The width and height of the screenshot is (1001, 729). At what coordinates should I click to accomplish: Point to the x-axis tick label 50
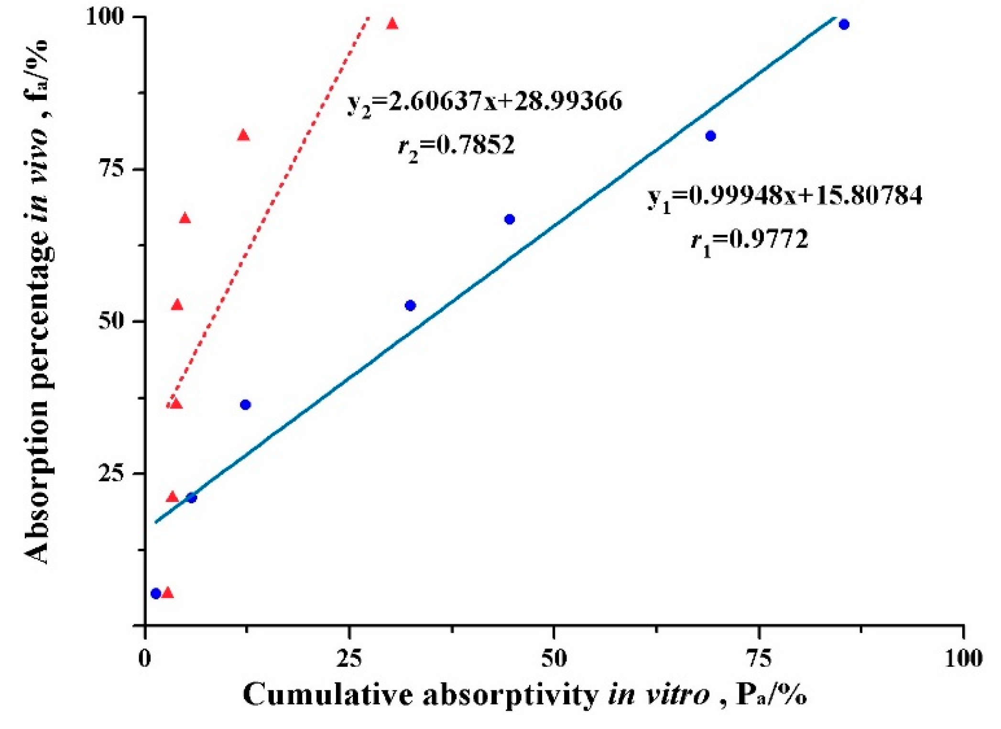click(x=554, y=659)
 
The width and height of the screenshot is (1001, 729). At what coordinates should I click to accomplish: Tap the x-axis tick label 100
click(x=963, y=659)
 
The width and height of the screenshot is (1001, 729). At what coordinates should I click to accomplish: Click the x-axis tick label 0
click(x=144, y=659)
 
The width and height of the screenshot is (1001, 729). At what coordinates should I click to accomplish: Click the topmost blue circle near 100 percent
click(x=844, y=24)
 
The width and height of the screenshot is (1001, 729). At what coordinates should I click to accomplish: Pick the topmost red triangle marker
click(x=392, y=23)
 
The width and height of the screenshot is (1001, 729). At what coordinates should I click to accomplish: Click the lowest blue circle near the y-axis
click(x=155, y=594)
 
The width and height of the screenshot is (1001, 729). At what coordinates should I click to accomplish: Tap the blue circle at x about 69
click(x=710, y=136)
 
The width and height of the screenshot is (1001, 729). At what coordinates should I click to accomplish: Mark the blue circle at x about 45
click(x=510, y=219)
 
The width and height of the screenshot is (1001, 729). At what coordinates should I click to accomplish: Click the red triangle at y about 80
click(x=243, y=136)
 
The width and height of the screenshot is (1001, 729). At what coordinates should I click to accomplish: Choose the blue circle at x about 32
click(x=410, y=305)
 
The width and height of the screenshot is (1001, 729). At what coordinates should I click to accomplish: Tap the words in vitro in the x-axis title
click(x=659, y=695)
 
